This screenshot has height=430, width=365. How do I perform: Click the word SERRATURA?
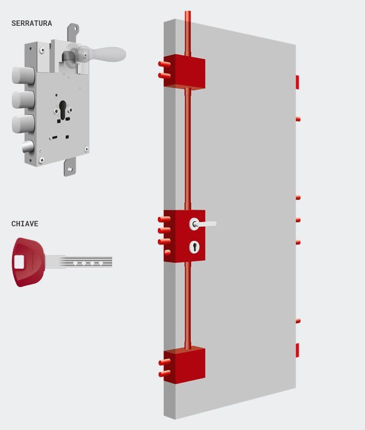point(32,23)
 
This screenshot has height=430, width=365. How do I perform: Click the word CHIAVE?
point(25,224)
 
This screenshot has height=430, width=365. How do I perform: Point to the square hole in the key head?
point(19,262)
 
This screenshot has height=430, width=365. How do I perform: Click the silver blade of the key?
point(78,262)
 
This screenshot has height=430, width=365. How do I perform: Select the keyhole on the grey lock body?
point(63,110)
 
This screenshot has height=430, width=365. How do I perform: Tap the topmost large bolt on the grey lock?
point(23,75)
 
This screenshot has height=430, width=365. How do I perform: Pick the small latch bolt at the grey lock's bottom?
point(28,146)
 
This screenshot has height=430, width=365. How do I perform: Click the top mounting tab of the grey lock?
point(73,32)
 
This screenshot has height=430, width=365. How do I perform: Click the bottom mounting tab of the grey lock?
point(70,167)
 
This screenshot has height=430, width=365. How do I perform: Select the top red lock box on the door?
point(185,72)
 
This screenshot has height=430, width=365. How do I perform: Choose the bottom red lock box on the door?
point(185,365)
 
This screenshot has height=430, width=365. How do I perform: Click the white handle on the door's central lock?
point(202,224)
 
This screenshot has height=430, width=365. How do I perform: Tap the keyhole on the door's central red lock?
point(194,247)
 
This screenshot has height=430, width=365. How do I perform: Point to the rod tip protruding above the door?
point(187,16)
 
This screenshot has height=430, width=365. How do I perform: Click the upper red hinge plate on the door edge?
point(297,82)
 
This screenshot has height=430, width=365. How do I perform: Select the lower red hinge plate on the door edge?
point(297,350)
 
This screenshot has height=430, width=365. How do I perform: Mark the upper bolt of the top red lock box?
point(164,64)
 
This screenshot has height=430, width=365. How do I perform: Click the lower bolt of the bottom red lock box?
point(165,374)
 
